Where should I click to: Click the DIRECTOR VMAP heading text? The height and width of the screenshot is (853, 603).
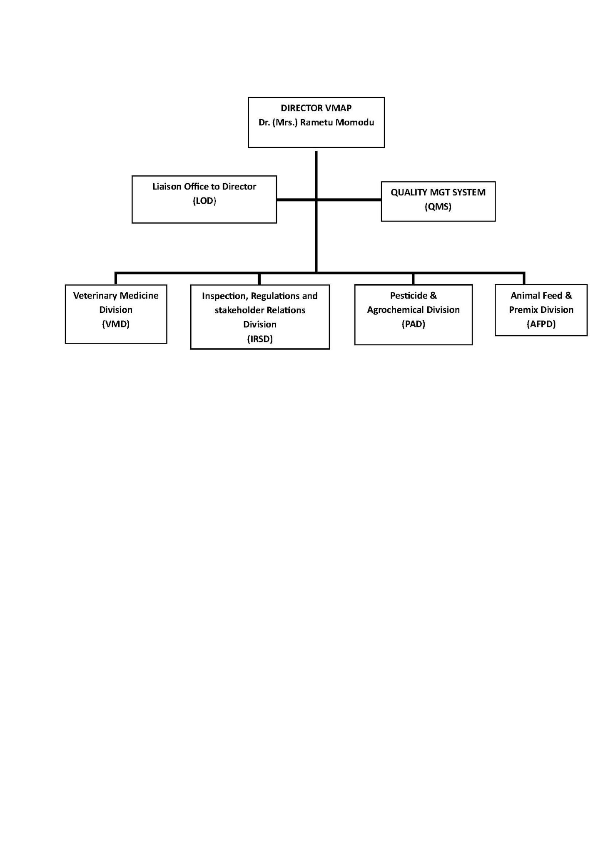316,108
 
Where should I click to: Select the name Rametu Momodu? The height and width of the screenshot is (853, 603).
337,122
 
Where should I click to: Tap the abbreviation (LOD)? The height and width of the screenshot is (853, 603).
204,201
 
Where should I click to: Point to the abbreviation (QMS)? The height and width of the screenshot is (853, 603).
438,207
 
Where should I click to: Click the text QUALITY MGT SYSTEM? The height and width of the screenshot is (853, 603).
438,192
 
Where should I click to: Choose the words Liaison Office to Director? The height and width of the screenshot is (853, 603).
204,187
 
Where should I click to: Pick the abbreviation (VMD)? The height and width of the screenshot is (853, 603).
116,324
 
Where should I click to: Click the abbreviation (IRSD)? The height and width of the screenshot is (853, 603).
260,339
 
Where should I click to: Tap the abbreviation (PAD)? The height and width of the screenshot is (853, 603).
414,324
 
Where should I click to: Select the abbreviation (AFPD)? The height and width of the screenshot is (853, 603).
541,324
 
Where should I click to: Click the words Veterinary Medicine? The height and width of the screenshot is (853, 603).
116,296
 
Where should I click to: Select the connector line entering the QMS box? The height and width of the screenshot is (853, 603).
349,200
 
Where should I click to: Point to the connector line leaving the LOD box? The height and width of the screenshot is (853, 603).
297,200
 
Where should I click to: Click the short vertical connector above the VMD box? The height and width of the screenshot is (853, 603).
116,279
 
